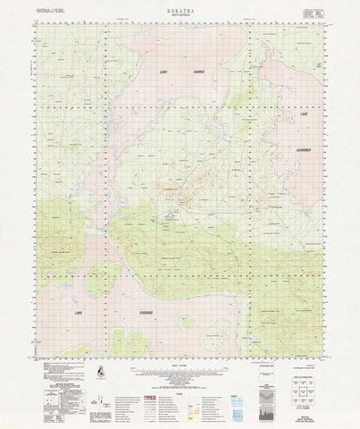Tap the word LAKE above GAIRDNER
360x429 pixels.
point(304,115)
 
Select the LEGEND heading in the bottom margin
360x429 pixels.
point(180,379)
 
